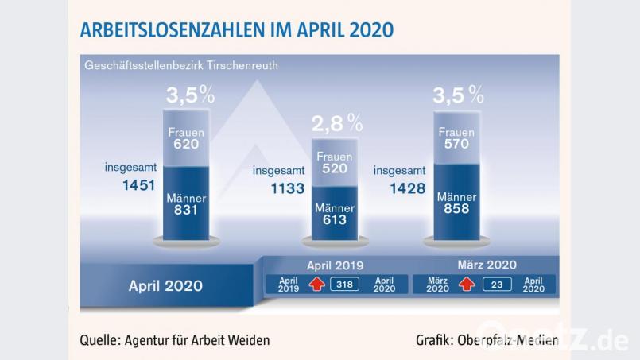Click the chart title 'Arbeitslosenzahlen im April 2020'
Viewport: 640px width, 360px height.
(236, 30)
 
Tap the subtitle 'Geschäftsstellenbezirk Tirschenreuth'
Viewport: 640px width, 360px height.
(181, 64)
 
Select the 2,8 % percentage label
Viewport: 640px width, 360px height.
(336, 122)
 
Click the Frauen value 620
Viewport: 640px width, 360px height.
(187, 145)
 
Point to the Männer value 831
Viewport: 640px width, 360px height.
(187, 211)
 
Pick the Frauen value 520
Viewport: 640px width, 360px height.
(335, 170)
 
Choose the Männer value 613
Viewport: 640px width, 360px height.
(335, 220)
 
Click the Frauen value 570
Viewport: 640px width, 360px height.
(456, 145)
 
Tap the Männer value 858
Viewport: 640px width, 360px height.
(456, 209)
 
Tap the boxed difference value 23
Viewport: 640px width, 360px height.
(496, 285)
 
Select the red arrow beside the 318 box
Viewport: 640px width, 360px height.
(317, 285)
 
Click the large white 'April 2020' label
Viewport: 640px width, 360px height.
(165, 285)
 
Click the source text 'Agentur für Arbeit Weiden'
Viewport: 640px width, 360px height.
(196, 340)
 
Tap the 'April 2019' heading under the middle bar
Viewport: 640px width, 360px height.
(335, 265)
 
